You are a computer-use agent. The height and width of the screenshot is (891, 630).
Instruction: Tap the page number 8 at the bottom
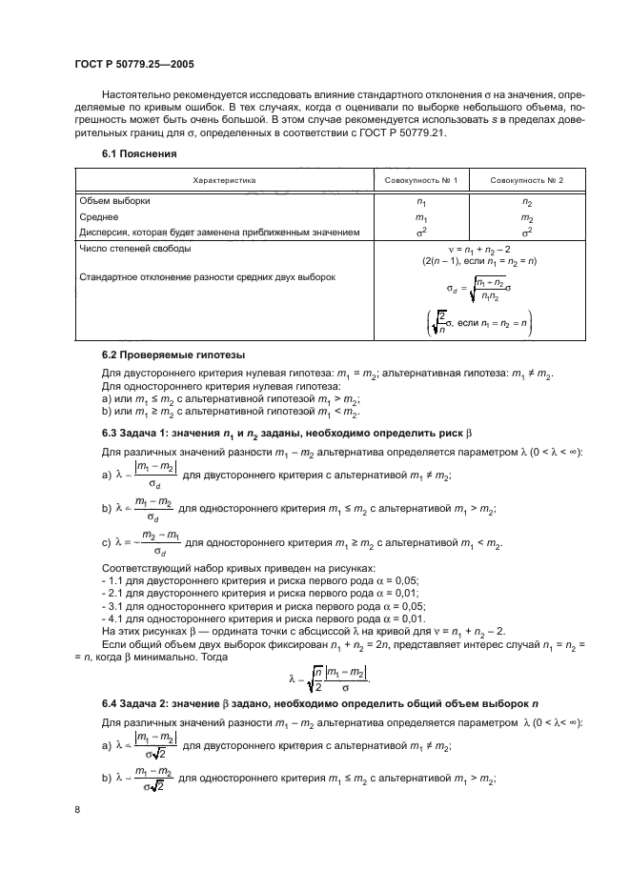tap(77, 809)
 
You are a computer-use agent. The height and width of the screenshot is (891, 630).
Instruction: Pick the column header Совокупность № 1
tap(421, 179)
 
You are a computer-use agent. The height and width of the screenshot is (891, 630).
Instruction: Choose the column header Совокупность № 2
tap(527, 179)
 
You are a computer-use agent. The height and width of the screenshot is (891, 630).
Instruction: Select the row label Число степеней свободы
tap(134, 248)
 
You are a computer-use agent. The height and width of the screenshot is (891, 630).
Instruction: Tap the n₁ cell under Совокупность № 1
tap(421, 202)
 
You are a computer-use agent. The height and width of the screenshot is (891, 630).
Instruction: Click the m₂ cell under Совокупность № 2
tap(527, 217)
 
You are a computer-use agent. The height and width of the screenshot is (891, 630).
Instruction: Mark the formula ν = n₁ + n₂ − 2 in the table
tap(475, 248)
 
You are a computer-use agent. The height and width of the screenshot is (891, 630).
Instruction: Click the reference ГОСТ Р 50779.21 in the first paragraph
tap(425, 132)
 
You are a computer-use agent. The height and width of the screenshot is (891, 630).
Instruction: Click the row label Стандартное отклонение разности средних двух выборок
tap(211, 277)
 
